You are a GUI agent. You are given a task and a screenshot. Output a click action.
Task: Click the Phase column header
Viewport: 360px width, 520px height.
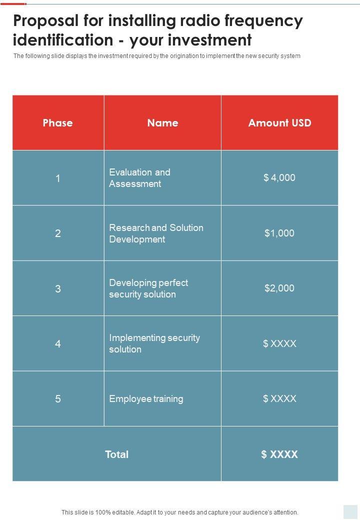57,123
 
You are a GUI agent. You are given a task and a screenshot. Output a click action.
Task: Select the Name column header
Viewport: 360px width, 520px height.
162,123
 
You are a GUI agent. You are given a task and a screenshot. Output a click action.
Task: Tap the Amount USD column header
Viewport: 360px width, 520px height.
279,123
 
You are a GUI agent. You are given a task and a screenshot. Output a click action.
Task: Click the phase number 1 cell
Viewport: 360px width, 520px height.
58,178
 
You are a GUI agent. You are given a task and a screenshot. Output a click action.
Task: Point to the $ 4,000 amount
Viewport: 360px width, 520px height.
279,177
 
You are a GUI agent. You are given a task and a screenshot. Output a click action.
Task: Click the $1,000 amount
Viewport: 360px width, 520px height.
279,233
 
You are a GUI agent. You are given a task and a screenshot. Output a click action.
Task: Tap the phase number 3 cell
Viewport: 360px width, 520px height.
58,288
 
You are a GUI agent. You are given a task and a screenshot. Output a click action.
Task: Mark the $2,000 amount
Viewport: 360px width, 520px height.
279,288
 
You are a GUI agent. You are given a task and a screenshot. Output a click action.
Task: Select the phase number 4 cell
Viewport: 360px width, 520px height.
58,344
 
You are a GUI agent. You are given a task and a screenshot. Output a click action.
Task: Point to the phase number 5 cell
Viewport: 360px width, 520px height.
58,399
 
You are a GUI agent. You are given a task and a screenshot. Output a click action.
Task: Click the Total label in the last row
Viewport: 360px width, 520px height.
116,454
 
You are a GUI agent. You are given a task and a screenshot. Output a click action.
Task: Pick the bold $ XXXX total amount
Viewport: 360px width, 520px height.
279,454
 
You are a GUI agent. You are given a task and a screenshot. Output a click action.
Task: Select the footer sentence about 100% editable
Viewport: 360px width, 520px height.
180,512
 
